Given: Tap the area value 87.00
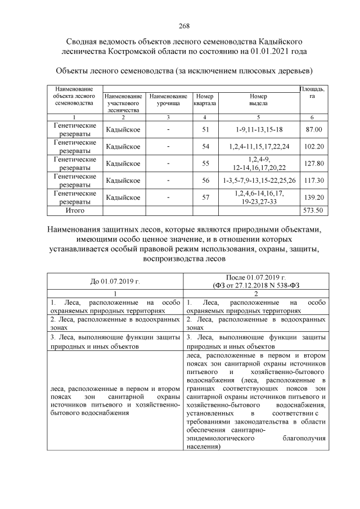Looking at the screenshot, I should coord(313,130).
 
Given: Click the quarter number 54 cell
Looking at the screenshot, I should coord(205,147).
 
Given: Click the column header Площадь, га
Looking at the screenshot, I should coord(313,92).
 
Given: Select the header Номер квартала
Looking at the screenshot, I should coord(205,100).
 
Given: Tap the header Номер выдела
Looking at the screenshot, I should coord(259,100).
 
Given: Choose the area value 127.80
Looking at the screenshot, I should coord(313,164).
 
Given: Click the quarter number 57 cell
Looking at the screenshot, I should coord(205,197).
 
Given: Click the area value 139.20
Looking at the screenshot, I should coord(313,197).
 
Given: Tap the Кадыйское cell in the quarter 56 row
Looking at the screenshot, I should coord(123,181).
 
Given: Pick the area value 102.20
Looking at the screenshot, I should coord(313,147).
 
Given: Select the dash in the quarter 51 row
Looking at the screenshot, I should coord(168,130).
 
